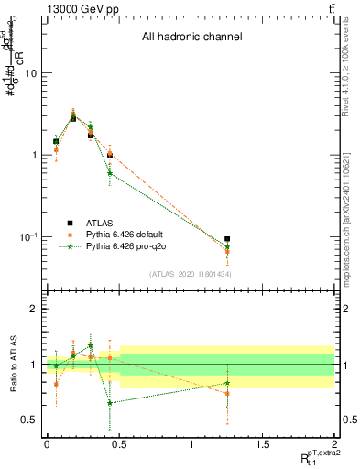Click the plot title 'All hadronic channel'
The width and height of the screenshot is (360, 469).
(191, 38)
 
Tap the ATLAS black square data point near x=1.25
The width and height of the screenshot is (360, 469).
(227, 239)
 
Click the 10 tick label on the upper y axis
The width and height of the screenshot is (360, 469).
(30, 72)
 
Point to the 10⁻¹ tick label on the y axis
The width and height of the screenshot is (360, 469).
(27, 237)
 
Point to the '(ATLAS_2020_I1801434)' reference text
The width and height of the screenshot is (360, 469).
(190, 274)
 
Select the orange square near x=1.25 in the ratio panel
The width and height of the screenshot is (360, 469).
(227, 393)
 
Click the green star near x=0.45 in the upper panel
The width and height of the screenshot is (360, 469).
(110, 172)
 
